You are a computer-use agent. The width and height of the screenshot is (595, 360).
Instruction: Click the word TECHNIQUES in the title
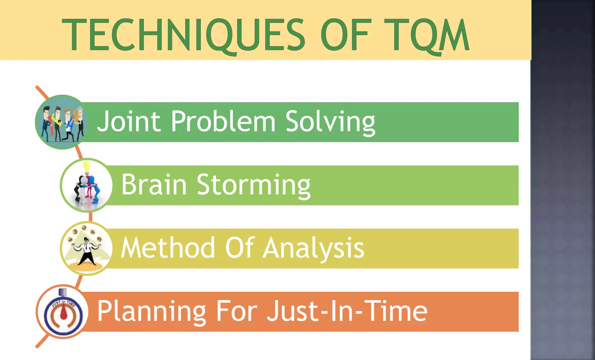coord(183,35)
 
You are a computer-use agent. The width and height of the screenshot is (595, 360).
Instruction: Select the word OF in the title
coord(346,35)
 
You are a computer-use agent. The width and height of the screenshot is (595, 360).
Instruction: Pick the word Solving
coord(330,122)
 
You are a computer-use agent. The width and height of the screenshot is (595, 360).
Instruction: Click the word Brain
coord(154,185)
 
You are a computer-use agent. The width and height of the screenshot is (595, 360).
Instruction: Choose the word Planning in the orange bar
coord(151,312)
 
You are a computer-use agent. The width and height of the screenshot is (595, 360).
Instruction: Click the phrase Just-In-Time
coord(347,311)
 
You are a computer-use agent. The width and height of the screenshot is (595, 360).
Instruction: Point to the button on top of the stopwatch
coord(63,292)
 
